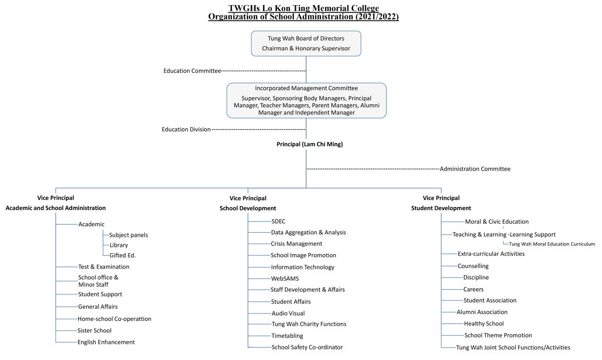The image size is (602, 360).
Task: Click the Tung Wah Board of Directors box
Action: [306, 44]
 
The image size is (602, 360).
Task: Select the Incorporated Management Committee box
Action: [307, 100]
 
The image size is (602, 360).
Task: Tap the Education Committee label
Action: [192, 71]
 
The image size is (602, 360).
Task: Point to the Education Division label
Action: [186, 129]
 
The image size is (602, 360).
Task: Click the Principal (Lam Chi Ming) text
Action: [310, 144]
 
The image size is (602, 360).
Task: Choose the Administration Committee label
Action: [475, 169]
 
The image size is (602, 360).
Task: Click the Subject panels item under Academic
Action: [128, 235]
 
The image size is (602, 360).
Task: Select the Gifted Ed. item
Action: [122, 256]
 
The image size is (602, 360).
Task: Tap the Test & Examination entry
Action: [104, 267]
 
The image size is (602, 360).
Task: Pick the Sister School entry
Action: [94, 331]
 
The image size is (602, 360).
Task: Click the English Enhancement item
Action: [106, 342]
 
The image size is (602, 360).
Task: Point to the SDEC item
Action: [278, 222]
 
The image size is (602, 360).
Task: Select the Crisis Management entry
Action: [296, 244]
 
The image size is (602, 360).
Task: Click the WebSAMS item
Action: [285, 279]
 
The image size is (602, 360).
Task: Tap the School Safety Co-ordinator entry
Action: [307, 347]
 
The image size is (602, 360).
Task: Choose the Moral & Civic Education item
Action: [497, 222]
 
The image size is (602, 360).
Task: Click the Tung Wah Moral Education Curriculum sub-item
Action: [552, 244]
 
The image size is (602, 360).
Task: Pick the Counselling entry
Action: [473, 266]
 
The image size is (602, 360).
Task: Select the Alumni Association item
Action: [482, 312]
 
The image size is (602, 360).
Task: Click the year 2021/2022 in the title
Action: [377, 17]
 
